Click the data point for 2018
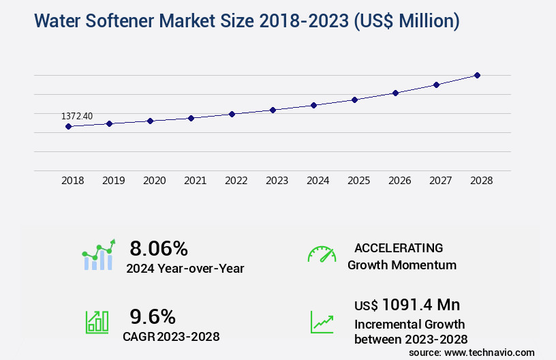coord(68,126)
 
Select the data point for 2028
coord(477,75)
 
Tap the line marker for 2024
coord(313,105)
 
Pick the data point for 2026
coord(395,93)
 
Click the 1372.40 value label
coord(77,116)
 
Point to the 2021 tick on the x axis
coord(195,181)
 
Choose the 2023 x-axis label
coord(277,181)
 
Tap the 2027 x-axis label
coord(440,181)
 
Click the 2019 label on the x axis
coord(113,181)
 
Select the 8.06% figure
coord(159,247)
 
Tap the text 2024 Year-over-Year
coord(185,269)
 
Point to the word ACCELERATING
coord(399,247)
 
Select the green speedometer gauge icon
coord(322,254)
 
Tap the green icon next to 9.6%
coord(96,321)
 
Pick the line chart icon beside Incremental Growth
coord(322,321)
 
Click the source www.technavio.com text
coord(472,352)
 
